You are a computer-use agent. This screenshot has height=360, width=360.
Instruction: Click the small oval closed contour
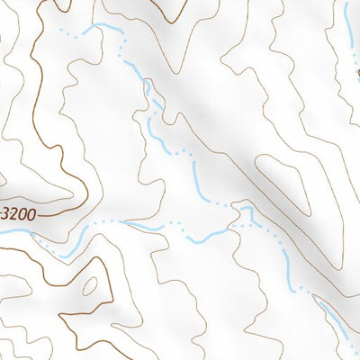89,287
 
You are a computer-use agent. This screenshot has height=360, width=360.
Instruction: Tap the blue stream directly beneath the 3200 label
18,232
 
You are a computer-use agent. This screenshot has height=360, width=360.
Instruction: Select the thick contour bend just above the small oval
90,266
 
